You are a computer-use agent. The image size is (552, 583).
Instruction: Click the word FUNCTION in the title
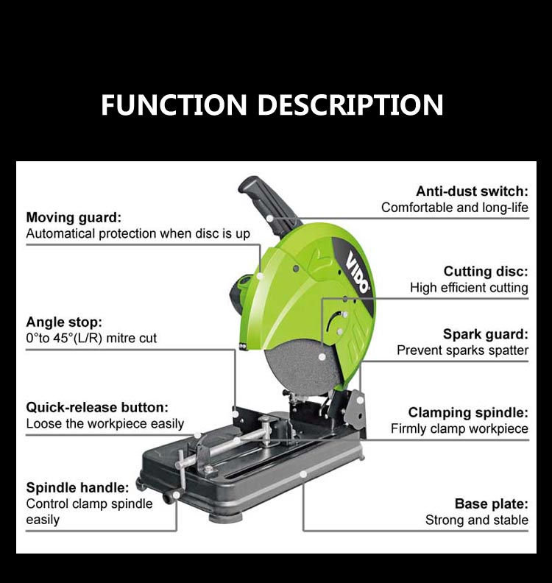[175, 105]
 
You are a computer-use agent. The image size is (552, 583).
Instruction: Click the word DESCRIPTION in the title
[351, 105]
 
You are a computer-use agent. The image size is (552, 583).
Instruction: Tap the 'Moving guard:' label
[74, 217]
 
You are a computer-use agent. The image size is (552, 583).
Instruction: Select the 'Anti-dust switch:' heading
[472, 191]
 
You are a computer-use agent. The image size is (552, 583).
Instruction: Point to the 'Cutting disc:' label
[486, 272]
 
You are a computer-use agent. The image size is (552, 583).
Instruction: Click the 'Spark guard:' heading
[486, 334]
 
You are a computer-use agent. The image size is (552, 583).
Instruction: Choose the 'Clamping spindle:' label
[468, 412]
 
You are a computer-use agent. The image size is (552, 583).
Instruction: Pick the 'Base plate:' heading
[491, 504]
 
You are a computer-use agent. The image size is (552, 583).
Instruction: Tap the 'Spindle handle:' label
[78, 487]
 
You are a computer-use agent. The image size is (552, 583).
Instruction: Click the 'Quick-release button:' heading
[97, 407]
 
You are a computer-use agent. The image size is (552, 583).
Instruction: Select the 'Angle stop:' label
[64, 322]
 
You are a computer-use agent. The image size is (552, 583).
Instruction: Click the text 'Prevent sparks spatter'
[462, 350]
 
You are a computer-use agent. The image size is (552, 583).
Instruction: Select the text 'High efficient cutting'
[469, 288]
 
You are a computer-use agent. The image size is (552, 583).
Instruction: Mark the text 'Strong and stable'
[476, 520]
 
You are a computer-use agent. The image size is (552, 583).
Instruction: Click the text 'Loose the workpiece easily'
[105, 424]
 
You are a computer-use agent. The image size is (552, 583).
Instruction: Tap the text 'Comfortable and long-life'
[454, 208]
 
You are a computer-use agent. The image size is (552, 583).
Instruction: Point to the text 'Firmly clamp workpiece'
[459, 428]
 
